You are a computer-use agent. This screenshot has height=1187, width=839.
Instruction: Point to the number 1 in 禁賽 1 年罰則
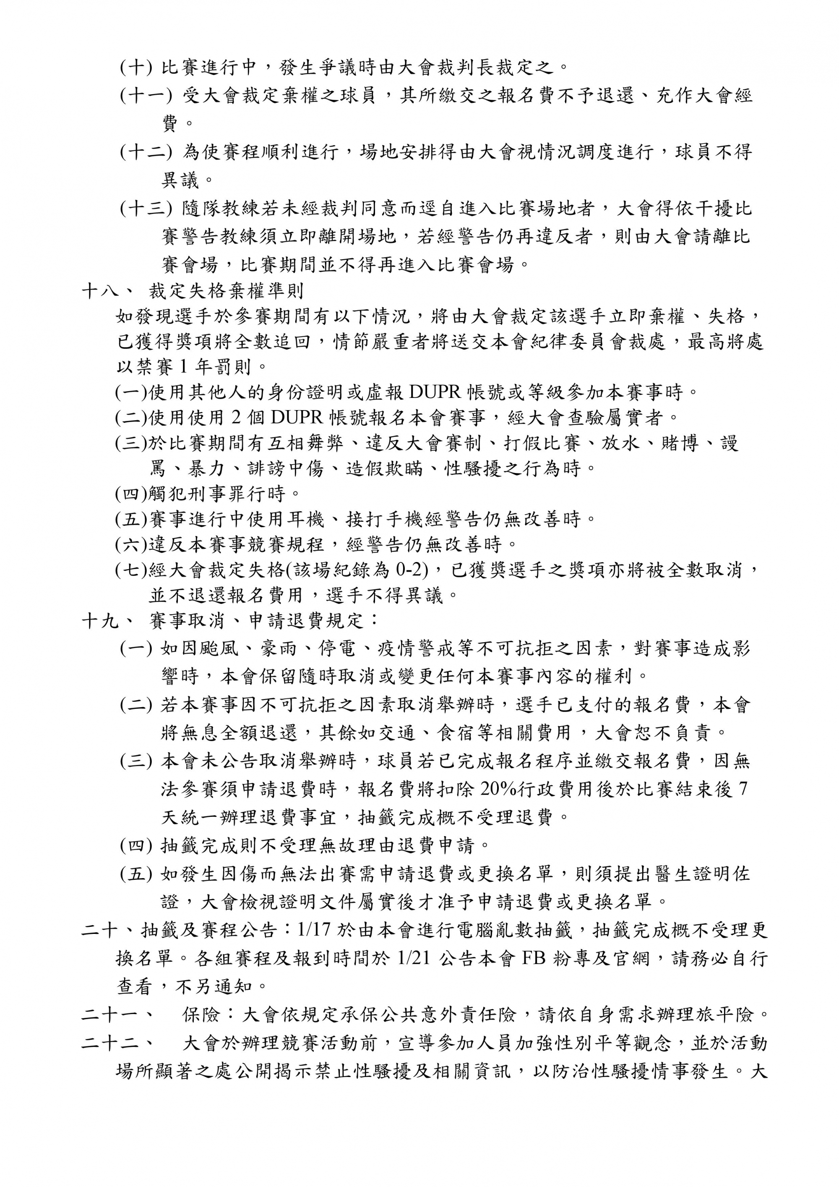183,367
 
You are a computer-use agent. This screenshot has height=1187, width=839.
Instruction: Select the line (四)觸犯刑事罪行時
208,494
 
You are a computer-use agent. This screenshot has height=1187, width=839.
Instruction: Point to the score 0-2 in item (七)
412,570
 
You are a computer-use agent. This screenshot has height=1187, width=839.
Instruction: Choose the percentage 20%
498,789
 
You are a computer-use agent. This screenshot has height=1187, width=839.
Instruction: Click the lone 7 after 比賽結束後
743,789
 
